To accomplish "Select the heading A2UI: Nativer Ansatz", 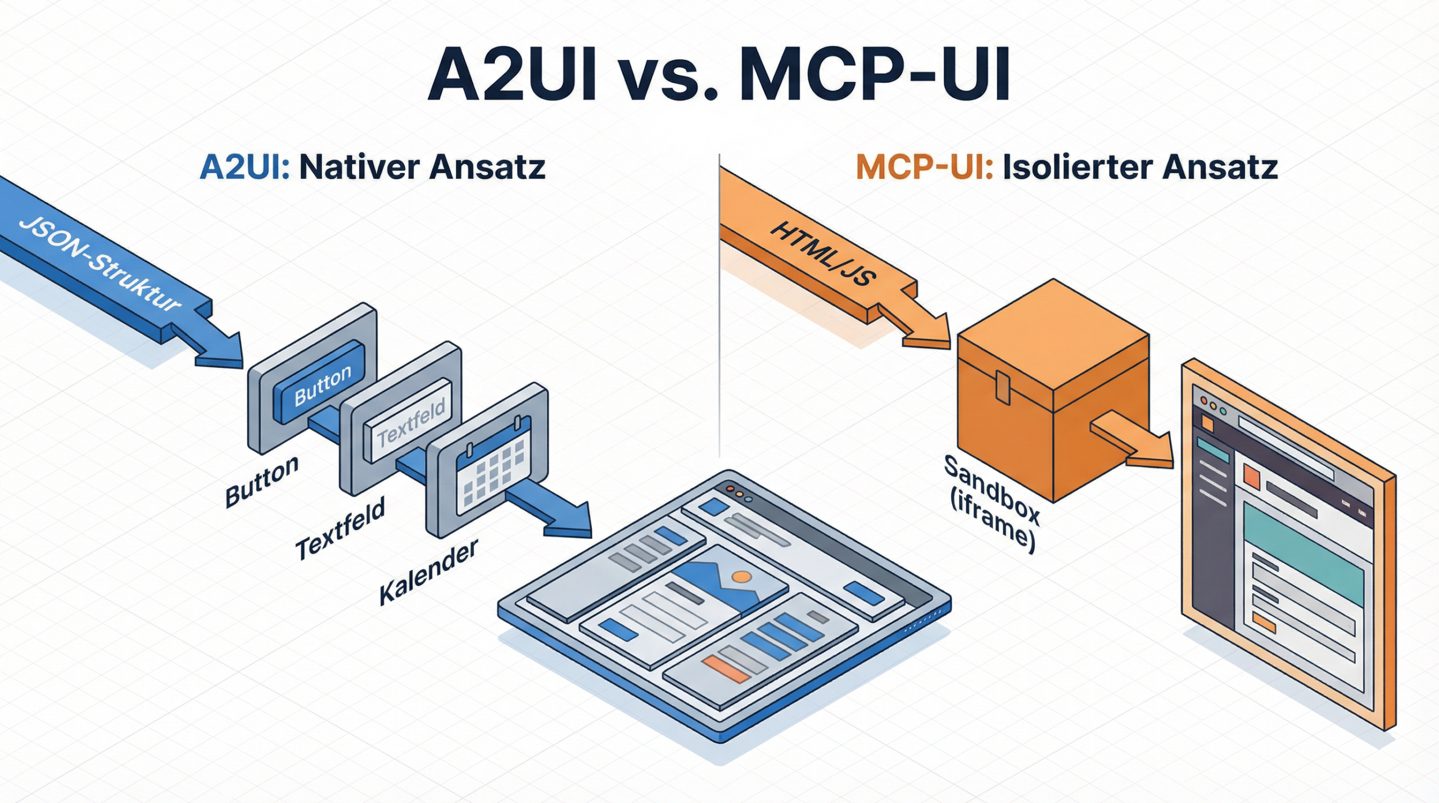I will (373, 167).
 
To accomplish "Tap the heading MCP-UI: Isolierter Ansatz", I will (1066, 167).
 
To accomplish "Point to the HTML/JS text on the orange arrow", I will (821, 254).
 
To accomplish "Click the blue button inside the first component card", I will (321, 382).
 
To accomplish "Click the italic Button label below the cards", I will (262, 482).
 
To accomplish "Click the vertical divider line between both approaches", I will (719, 303).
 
